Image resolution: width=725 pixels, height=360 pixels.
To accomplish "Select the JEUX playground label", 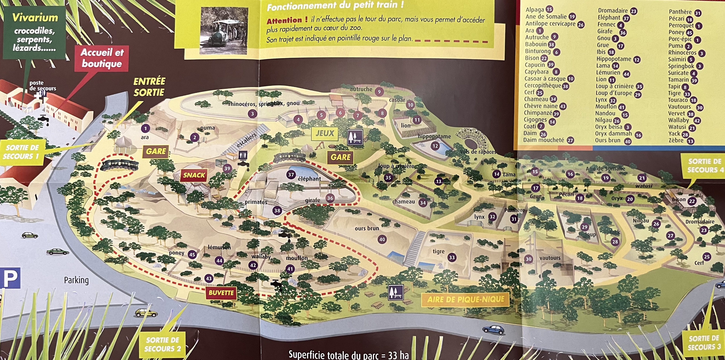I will coord(325,133).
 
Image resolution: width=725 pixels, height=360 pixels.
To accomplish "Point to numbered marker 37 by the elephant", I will coord(291,175).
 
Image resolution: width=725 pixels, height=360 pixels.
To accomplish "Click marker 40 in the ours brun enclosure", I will coord(382,239).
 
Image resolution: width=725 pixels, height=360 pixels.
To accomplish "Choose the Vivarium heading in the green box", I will coord(35,18).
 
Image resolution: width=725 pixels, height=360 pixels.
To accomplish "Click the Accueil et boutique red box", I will coord(102,58).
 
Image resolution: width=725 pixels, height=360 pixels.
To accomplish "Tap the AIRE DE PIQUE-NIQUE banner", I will coord(466,299).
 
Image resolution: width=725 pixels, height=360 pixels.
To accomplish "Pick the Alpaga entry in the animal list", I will coord(534,10).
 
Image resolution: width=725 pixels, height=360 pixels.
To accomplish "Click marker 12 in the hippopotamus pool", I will coord(435,146).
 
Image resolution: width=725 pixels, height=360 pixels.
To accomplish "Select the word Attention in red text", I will coord(284,21).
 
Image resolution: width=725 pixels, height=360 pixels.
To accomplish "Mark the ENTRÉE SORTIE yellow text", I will coord(149,87).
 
